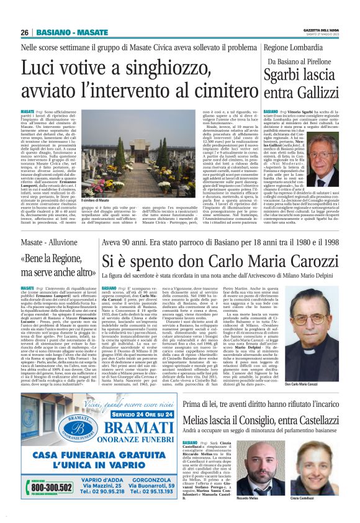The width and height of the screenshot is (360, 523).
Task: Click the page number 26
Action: tap(25, 32)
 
